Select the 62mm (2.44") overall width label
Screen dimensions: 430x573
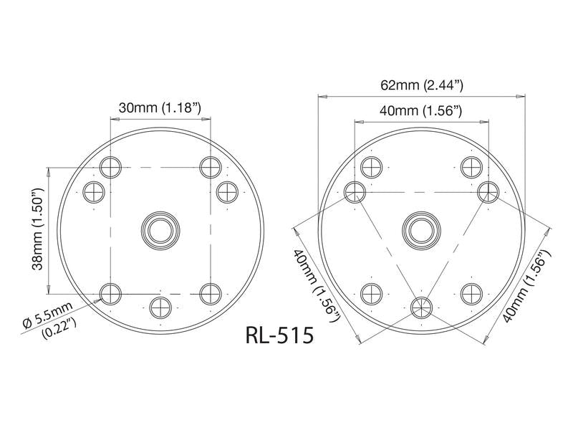(422, 85)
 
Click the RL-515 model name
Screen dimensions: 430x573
(279, 335)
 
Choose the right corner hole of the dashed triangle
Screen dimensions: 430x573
(488, 191)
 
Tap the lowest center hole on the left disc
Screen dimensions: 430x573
(160, 308)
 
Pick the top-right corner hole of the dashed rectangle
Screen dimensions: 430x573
(210, 167)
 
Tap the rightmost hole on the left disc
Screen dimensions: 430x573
(226, 191)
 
